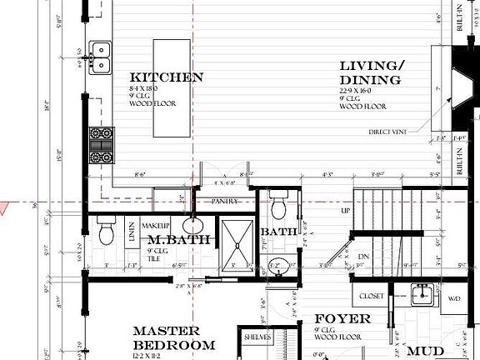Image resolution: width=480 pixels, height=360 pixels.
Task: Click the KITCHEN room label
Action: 167,77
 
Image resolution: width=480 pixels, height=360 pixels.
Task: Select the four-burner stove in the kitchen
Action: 102,145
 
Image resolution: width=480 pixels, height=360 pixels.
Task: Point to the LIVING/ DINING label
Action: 372,73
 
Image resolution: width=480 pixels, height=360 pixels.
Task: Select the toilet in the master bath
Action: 107,232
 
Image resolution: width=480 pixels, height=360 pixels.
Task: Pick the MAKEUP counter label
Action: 155,226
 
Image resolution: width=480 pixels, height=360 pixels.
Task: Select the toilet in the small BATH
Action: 280,203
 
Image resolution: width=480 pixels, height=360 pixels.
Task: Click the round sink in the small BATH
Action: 280,267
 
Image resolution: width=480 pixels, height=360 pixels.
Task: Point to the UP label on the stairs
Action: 346,211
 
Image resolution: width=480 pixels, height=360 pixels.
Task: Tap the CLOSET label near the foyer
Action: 371,296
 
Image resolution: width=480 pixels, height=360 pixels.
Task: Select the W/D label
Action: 454,297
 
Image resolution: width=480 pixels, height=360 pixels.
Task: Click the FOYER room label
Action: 342,319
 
